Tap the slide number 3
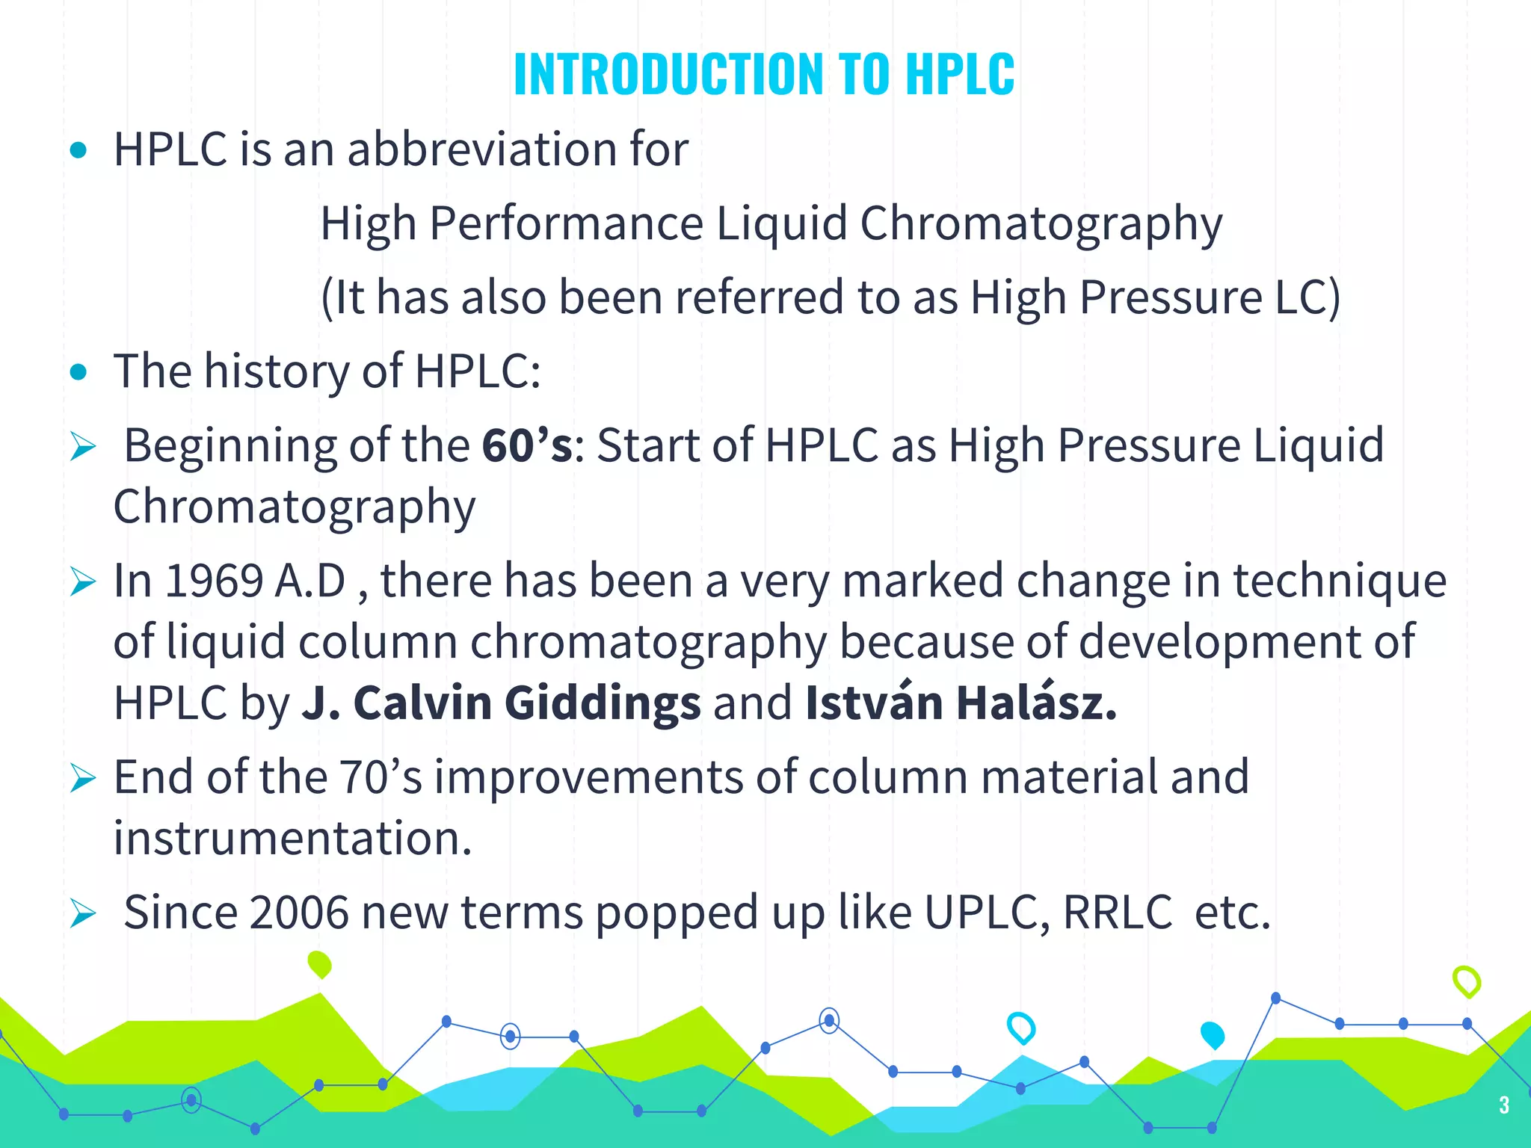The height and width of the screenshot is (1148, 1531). coord(1503,1105)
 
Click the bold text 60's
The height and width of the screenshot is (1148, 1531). coord(527,445)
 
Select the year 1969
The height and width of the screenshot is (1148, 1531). coord(214,581)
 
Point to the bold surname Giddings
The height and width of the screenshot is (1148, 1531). coord(603,703)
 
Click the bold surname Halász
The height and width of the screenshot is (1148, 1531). coord(1036,703)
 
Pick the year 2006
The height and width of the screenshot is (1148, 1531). coord(299,913)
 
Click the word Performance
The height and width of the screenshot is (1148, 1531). coord(567,223)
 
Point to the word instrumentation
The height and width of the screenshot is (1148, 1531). coord(292,838)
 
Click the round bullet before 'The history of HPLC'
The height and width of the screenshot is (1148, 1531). coord(78,372)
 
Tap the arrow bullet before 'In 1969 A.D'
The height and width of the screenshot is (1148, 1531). coord(83,582)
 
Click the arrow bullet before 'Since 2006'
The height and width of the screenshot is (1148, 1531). coord(83,913)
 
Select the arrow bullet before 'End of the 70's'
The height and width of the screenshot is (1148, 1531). coord(83,778)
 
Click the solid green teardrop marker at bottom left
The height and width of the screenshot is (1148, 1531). coord(319,964)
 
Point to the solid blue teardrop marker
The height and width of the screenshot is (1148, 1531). coord(1212,1034)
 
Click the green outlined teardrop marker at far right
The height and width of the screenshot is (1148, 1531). coord(1466,981)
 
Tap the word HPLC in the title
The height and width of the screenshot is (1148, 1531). coord(960,74)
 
